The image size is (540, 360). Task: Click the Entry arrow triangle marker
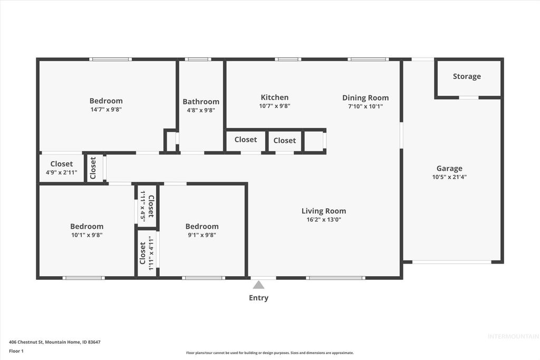coord(258,285)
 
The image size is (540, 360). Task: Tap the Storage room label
coord(467,76)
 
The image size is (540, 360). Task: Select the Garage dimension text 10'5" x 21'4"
coord(449,177)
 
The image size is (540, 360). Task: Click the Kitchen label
coord(275,98)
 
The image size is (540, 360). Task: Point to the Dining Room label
coord(365,98)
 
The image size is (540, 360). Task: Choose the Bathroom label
coord(201,102)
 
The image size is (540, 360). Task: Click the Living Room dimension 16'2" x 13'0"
coord(324,220)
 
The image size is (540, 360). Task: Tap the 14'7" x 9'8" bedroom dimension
coord(106,110)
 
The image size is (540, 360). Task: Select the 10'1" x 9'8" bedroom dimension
coord(86,235)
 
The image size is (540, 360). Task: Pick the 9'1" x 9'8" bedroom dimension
coord(201,235)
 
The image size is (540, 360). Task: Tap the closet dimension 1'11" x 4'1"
coord(151,253)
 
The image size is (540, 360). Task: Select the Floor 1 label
coord(16,351)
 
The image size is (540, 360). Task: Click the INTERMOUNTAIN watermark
coord(513,337)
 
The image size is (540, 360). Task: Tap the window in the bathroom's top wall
coord(198,59)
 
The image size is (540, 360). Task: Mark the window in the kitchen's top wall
coord(288,59)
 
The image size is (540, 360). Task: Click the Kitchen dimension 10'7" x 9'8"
coord(275,106)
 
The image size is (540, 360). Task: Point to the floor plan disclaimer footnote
coord(270,353)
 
